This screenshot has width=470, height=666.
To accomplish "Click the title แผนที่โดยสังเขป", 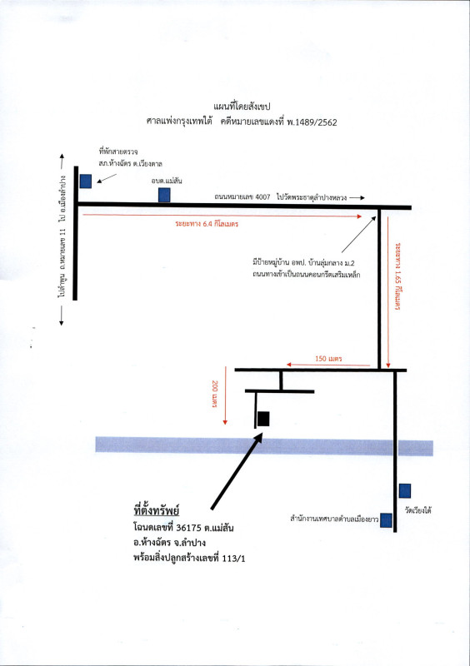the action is (242, 107).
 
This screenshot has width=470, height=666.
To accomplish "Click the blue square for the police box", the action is (86, 181).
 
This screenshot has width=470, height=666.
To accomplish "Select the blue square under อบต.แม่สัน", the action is (164, 195).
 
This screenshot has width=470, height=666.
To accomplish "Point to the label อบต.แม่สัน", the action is (167, 181).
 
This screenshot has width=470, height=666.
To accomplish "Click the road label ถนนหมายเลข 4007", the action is (242, 197).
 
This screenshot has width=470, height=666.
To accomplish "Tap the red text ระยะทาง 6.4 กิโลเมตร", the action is (207, 223).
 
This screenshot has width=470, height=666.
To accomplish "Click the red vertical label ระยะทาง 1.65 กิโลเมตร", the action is (398, 276).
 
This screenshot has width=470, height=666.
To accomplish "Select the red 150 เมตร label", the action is (328, 359).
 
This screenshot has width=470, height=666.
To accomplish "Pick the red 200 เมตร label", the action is (215, 394).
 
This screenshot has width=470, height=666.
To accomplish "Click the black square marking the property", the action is (263, 419).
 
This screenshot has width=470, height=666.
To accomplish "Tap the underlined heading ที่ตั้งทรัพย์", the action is (157, 509).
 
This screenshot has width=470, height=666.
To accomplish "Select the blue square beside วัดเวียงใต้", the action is (405, 490).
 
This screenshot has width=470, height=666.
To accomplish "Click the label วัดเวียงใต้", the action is (418, 510).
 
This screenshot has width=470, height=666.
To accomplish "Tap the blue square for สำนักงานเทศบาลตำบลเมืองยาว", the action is (386, 519).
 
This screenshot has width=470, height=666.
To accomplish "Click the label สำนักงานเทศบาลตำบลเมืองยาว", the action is (334, 519).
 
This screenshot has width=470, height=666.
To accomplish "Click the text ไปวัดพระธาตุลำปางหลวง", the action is (312, 197).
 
